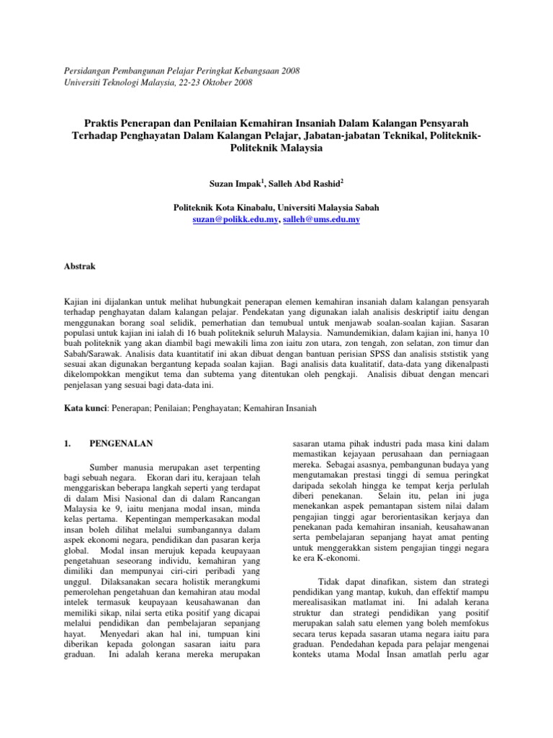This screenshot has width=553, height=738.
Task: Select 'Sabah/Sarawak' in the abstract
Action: point(84,355)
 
